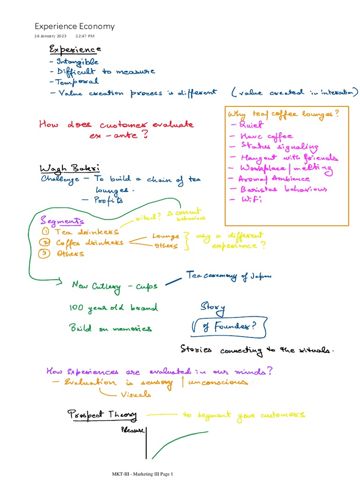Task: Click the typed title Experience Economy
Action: coord(75,26)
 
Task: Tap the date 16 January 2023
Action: coord(51,36)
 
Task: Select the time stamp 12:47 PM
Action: coord(85,36)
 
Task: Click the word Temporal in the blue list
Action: coord(78,82)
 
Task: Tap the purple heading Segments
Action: coord(62,221)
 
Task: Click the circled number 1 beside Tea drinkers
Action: coord(45,232)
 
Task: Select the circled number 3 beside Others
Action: coord(45,253)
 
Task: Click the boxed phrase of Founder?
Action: coord(229,328)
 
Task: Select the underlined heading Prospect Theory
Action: coord(102,415)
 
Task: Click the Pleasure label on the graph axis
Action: coord(133,429)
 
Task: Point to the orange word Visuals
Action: coord(136,395)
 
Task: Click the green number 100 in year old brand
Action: coord(76,307)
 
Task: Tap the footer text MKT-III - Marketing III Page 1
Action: coord(142,474)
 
